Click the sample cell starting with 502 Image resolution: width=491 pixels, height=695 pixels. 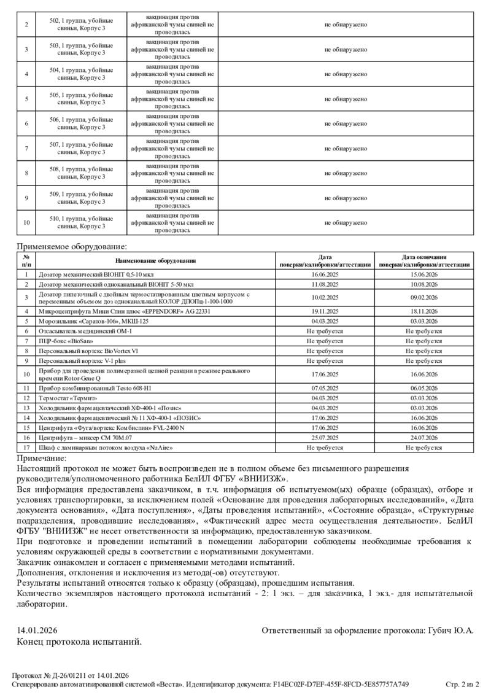[x=82, y=25]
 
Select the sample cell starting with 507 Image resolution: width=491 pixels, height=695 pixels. [x=82, y=148]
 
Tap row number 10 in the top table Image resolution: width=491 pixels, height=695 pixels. [x=26, y=222]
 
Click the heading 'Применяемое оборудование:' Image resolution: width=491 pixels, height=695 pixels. [x=72, y=247]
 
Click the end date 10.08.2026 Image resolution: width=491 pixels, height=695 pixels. [x=424, y=284]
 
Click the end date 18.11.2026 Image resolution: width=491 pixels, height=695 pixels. [x=424, y=311]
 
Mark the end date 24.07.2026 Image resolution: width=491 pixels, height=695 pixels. [x=424, y=437]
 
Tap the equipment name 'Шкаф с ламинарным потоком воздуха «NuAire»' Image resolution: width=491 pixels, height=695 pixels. [x=106, y=447]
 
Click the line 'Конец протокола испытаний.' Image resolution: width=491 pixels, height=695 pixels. [x=79, y=642]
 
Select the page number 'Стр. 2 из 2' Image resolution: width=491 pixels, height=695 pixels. [x=462, y=684]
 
